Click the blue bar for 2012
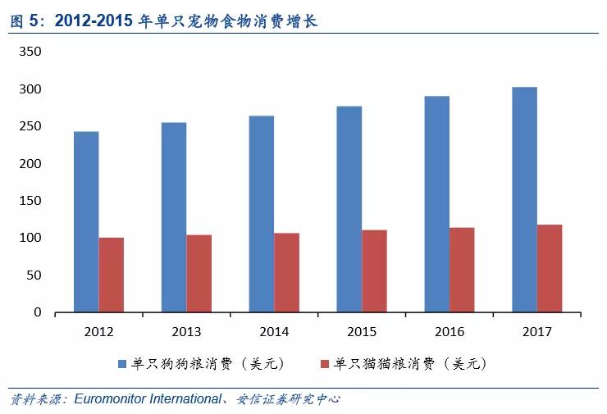86,221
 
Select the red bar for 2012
111,275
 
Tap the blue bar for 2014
262,214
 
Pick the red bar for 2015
374,271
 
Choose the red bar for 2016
462,270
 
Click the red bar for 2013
199,273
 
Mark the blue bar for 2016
436,204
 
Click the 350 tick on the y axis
30,52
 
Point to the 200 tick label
30,164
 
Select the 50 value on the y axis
34,275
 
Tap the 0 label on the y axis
37,312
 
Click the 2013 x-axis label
186,332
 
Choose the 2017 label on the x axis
536,332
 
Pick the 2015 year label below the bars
361,332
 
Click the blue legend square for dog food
122,363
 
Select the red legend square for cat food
323,363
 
